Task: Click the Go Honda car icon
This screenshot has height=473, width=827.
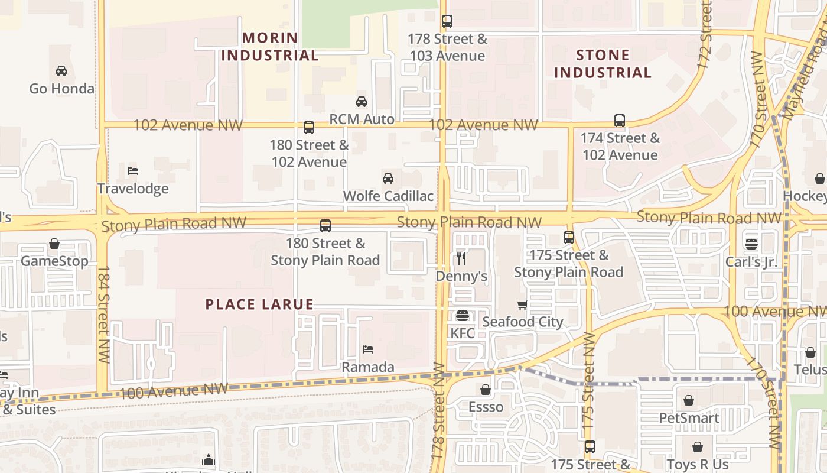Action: pos(61,71)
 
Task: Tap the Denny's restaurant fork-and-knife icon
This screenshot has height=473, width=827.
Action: pos(461,258)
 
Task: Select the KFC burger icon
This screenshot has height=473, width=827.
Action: pos(462,316)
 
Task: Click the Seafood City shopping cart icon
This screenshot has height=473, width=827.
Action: pos(522,305)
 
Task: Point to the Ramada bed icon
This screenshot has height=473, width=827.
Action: pos(368,349)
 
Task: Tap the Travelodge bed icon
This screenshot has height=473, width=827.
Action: pos(133,171)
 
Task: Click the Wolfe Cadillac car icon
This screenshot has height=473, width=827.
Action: pos(388,178)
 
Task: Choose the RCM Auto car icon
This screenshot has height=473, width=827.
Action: pos(362,102)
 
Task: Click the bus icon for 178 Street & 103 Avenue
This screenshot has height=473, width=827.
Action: pos(447,22)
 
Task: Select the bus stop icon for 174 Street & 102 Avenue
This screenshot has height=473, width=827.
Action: pos(619,121)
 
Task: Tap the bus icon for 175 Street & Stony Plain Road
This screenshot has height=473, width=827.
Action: pos(568,238)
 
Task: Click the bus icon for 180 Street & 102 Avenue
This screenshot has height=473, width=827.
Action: pos(308,127)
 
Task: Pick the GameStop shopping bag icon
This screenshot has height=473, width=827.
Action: pos(54,244)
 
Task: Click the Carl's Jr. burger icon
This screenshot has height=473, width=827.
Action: pos(751,244)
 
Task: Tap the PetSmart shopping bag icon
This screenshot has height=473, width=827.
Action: pos(689,401)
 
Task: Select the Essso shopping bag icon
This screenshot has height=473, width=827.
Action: pos(486,390)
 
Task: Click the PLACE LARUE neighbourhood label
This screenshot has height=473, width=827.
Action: pos(259,304)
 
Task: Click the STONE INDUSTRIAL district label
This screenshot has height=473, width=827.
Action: pos(603,64)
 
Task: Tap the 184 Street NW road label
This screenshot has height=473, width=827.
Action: pos(103,315)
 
